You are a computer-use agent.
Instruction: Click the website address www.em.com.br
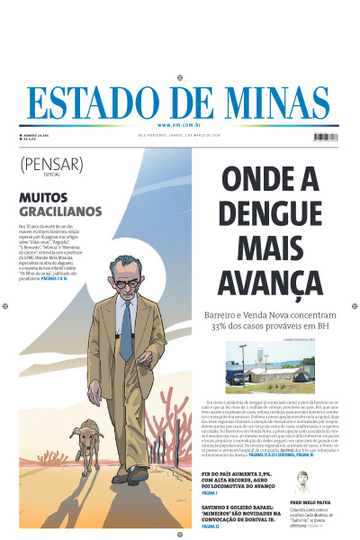180,125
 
